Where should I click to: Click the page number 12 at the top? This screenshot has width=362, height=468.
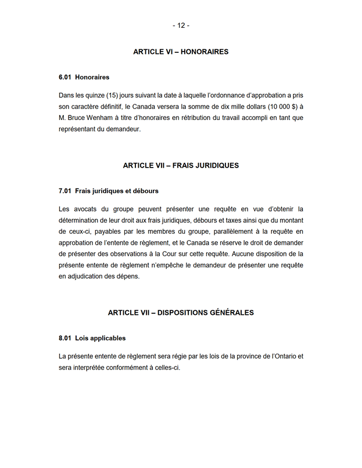(181, 26)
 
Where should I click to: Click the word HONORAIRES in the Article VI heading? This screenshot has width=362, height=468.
(205, 52)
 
